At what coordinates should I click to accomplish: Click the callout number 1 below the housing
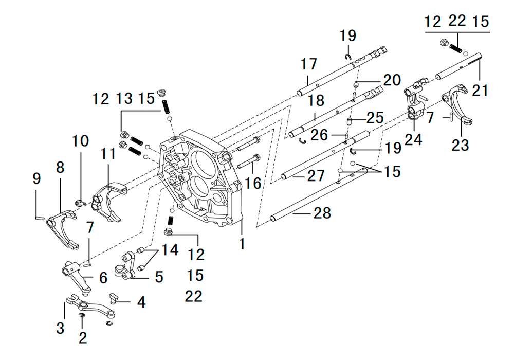[x=242, y=244]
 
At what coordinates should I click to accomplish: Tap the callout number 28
[x=322, y=213]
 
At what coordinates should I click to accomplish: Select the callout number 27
[x=316, y=176]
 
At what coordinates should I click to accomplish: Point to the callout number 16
[x=253, y=183]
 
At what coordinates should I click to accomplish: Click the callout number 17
[x=309, y=64]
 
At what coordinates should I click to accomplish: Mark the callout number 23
[x=460, y=145]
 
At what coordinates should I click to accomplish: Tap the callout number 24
[x=413, y=139]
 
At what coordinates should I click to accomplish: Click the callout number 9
[x=36, y=178]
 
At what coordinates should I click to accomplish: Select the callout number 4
[x=141, y=302]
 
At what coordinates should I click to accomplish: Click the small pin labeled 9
[x=40, y=217]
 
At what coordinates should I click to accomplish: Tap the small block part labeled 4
[x=114, y=298]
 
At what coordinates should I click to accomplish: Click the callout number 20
[x=392, y=80]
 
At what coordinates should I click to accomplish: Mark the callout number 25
[x=375, y=118]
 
